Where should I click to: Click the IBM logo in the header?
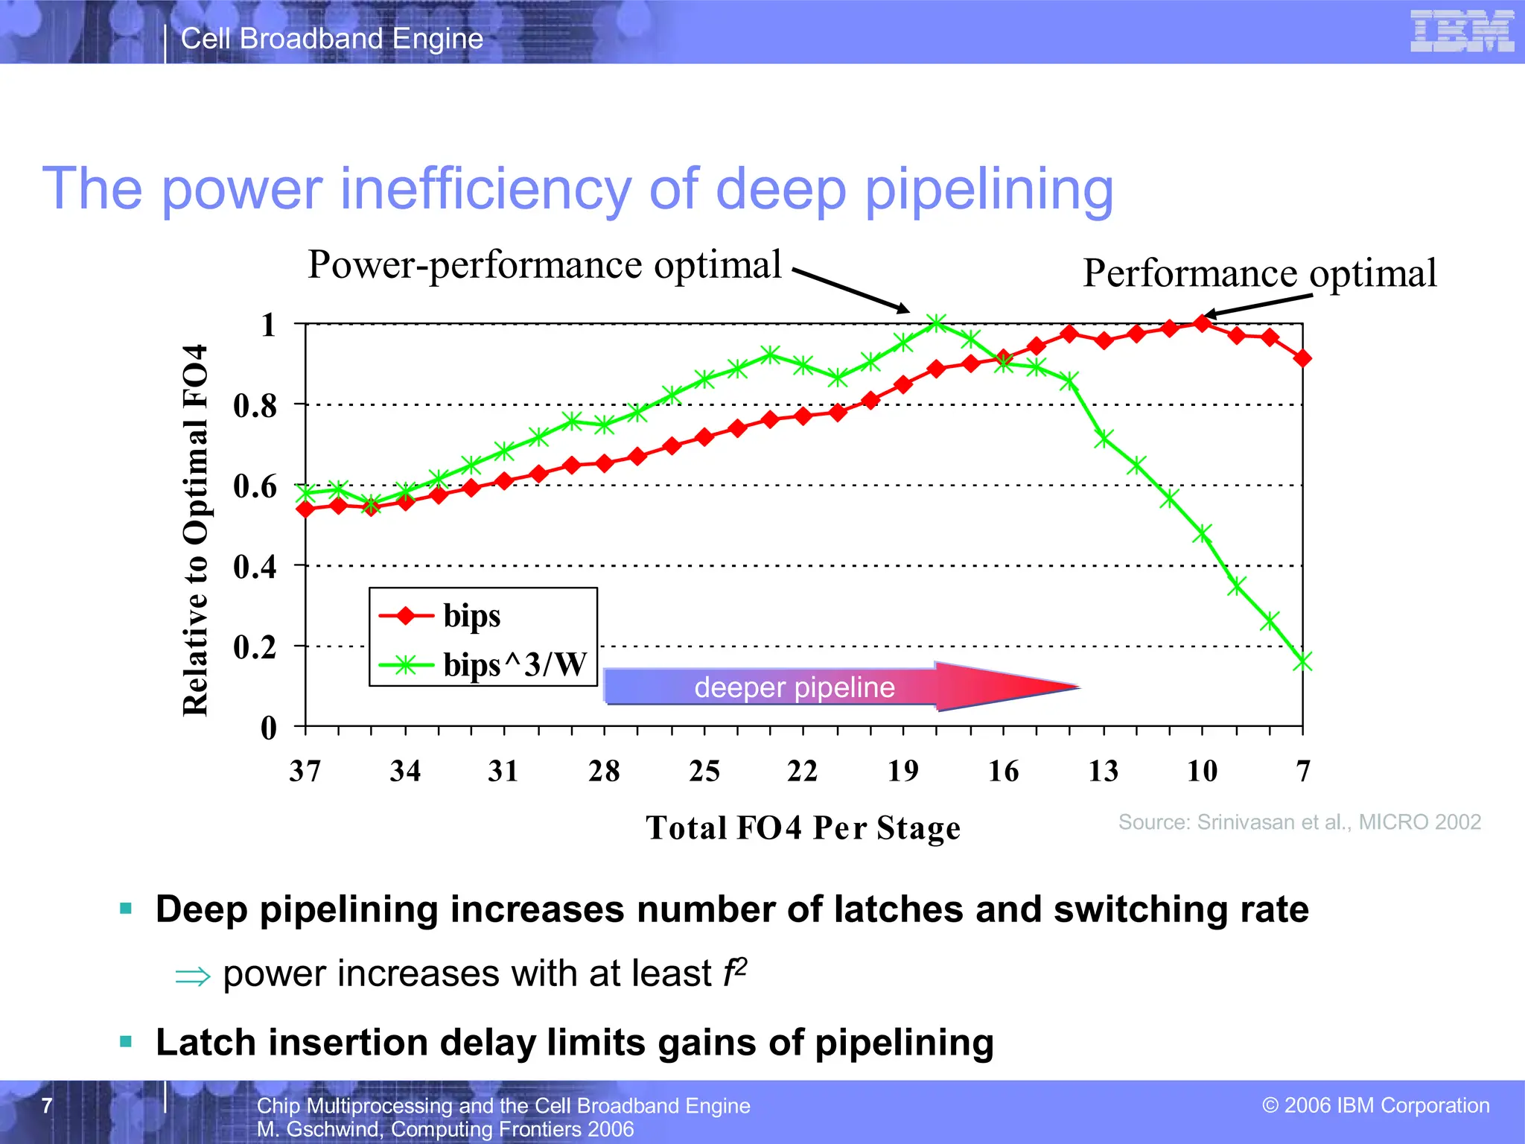tap(1462, 31)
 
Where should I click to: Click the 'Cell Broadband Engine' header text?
tap(332, 39)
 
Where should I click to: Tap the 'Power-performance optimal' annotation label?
tap(544, 265)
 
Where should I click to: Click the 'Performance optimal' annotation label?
tap(1259, 273)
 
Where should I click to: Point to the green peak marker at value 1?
tap(937, 323)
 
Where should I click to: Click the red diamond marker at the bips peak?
tap(1202, 323)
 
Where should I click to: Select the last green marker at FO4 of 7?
tap(1302, 661)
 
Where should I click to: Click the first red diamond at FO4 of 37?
tap(305, 509)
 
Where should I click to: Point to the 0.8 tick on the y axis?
tap(255, 406)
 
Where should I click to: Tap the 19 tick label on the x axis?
tap(903, 771)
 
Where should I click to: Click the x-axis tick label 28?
tap(604, 771)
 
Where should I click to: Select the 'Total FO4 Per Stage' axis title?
tap(803, 828)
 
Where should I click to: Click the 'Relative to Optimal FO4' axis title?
tap(195, 530)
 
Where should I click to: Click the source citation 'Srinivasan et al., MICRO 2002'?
tap(1299, 822)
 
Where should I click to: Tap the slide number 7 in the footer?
tap(47, 1105)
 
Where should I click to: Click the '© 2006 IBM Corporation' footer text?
tap(1375, 1105)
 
